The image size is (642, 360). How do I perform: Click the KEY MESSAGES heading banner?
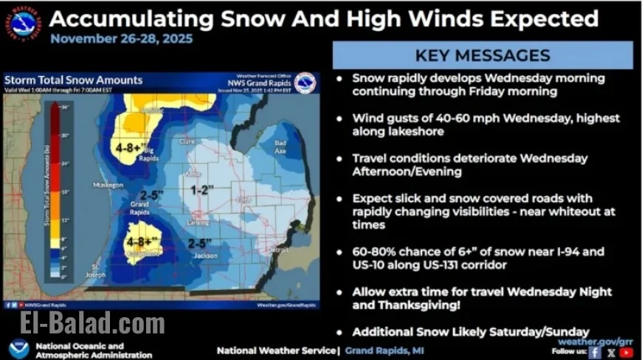(483, 55)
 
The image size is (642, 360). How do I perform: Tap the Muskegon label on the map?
(107, 185)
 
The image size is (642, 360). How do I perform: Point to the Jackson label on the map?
(210, 255)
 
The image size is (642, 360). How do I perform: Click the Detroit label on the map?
(278, 250)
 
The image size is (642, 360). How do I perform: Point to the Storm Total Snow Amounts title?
(73, 80)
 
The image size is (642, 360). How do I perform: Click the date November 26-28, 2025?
(121, 38)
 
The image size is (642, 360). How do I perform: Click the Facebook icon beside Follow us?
(595, 352)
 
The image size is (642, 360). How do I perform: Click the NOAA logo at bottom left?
(19, 348)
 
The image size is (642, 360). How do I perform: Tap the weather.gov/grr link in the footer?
(596, 341)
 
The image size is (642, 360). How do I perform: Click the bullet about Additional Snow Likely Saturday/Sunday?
(470, 331)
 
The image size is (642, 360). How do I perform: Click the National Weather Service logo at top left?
(24, 23)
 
